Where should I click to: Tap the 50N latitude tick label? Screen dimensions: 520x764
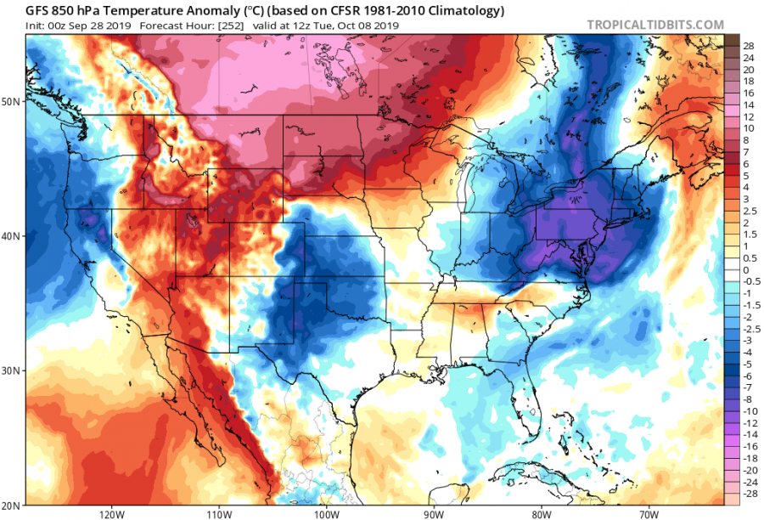pos(12,101)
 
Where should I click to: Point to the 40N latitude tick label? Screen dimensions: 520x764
pos(12,236)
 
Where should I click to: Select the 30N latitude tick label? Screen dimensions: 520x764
pos(12,371)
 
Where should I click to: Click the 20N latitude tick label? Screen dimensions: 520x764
pos(12,505)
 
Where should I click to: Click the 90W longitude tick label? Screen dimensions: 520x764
pos(434,514)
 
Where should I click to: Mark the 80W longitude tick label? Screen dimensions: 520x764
pos(542,514)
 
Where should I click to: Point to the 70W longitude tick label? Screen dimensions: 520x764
pos(649,514)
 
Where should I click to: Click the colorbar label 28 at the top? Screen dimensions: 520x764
pos(749,45)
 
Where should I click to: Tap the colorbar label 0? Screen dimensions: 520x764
pos(746,269)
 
